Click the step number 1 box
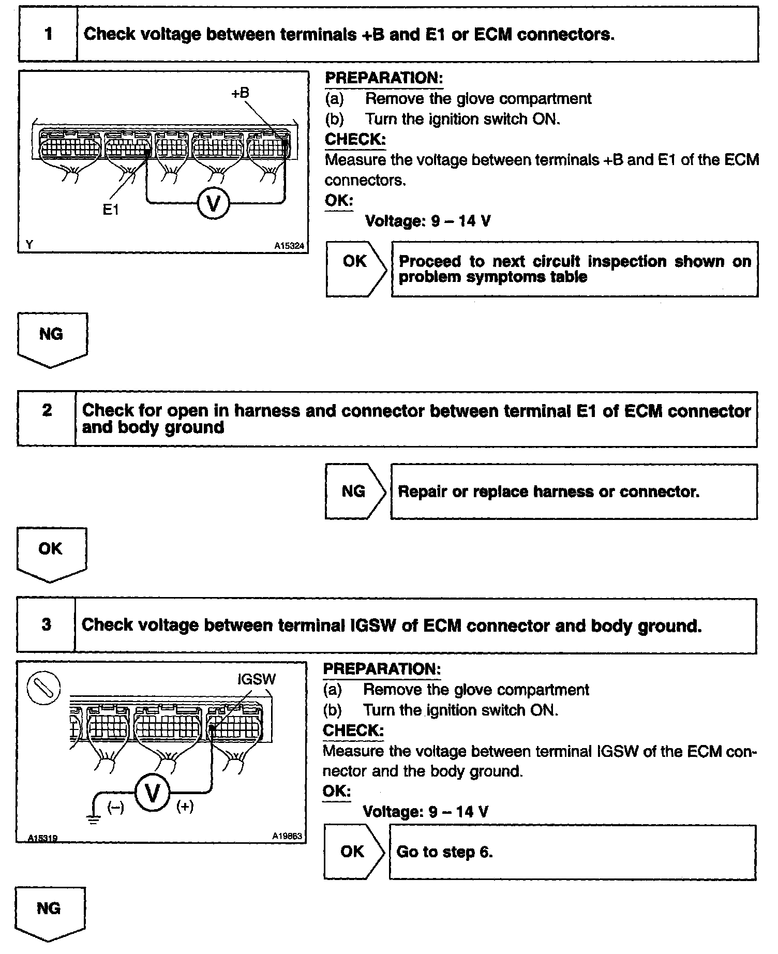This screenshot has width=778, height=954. tap(48, 34)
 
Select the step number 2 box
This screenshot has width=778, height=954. tap(47, 419)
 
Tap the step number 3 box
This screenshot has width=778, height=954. tap(46, 624)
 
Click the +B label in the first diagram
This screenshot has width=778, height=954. tap(240, 93)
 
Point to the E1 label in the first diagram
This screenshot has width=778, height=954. tap(111, 210)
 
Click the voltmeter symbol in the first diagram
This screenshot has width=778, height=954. tap(213, 202)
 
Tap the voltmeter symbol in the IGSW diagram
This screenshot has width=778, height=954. tap(153, 793)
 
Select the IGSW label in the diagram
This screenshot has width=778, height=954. tap(257, 679)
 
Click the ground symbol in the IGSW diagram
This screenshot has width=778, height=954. tap(94, 816)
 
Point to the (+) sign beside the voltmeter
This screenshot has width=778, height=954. tap(185, 807)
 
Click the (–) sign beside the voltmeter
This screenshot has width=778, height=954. tap(115, 808)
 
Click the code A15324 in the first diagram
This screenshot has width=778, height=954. tap(289, 246)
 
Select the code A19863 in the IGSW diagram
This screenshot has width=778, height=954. tap(287, 836)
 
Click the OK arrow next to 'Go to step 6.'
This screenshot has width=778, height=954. tap(354, 852)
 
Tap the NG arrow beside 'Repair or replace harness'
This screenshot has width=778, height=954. tap(355, 491)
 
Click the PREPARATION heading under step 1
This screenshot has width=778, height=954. tap(383, 78)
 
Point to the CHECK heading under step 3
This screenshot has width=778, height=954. tap(353, 731)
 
